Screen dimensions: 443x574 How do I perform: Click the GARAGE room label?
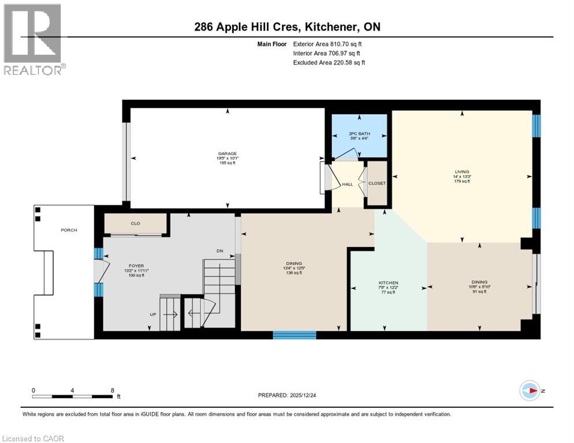pyautogui.click(x=227, y=154)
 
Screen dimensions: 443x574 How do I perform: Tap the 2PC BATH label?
pyautogui.click(x=359, y=134)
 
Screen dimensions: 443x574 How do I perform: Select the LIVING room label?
pyautogui.click(x=462, y=172)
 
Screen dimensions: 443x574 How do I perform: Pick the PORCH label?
pyautogui.click(x=69, y=230)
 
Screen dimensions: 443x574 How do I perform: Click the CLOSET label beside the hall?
pyautogui.click(x=377, y=183)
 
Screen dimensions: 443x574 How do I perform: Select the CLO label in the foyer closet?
pyautogui.click(x=135, y=223)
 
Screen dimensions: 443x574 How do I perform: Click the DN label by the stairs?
pyautogui.click(x=219, y=251)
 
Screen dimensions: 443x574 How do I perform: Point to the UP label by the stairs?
pyautogui.click(x=153, y=315)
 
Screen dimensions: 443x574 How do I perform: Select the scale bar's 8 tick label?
pyautogui.click(x=112, y=391)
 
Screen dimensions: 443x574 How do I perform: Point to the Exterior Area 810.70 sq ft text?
pyautogui.click(x=328, y=44)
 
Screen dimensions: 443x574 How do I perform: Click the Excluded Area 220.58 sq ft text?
pyautogui.click(x=329, y=62)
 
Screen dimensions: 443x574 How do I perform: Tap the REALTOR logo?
pyautogui.click(x=34, y=40)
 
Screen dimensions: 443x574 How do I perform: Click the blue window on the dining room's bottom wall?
pyautogui.click(x=295, y=335)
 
